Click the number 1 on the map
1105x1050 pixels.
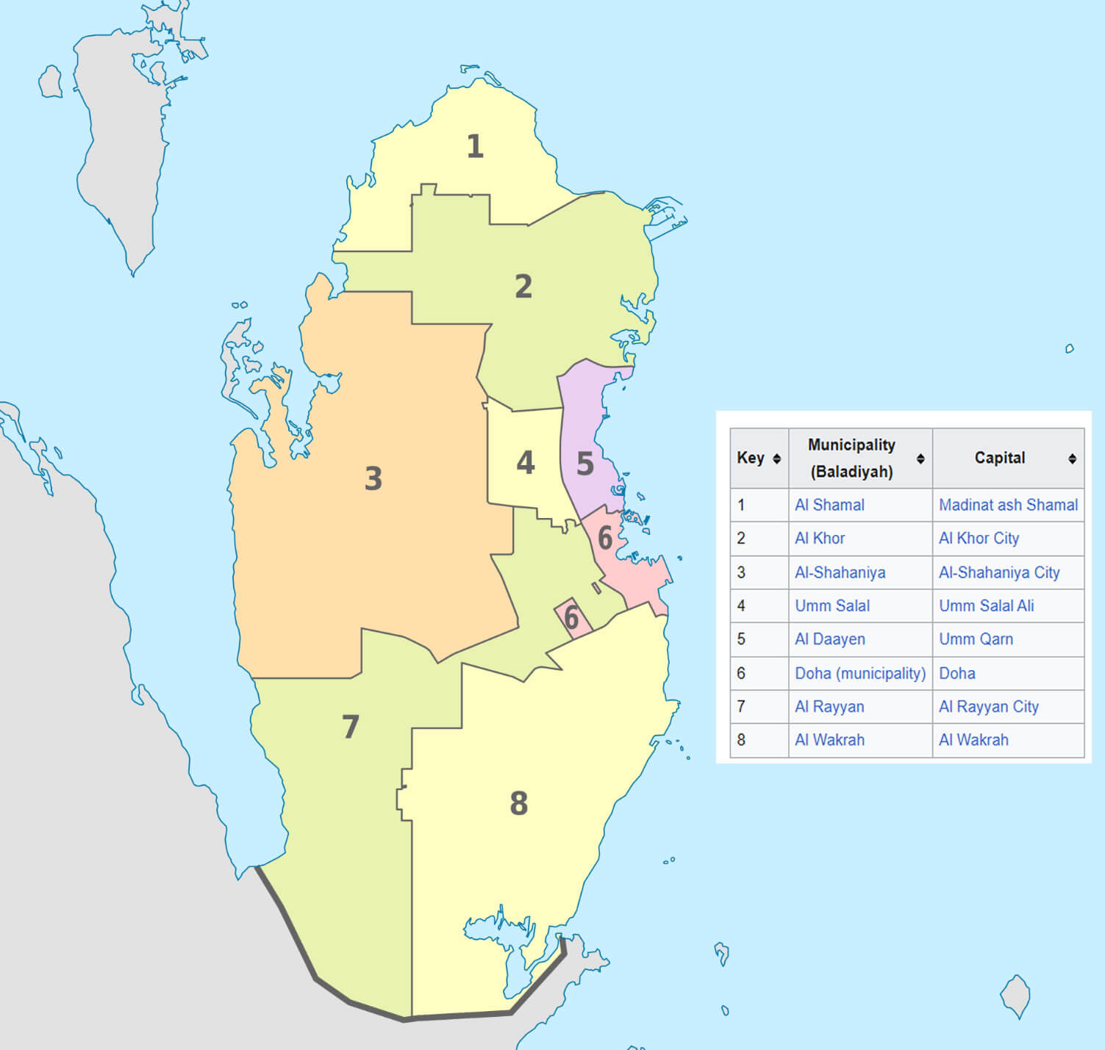coord(475,147)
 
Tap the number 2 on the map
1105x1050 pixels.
coord(523,287)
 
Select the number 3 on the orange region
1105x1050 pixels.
coord(373,479)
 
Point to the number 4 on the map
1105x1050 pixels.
coord(525,463)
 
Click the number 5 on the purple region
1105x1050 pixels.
coord(585,464)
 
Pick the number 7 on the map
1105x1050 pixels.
coord(351,727)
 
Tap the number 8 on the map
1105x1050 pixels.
coord(519,804)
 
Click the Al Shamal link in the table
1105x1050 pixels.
coord(829,505)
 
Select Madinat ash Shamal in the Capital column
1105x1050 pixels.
coord(1008,505)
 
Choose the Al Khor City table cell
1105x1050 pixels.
coord(979,539)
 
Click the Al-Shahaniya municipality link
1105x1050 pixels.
coord(840,572)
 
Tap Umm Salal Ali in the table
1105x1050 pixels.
coord(986,605)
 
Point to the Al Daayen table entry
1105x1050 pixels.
coord(829,639)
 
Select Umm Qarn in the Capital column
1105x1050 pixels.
coord(976,639)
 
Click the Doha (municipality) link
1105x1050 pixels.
coord(860,673)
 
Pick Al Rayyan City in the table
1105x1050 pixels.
coord(988,707)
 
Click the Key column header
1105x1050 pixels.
coord(751,458)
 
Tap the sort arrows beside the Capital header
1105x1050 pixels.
coord(1072,459)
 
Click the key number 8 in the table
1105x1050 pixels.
coord(741,740)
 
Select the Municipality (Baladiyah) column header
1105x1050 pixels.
coord(851,458)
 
